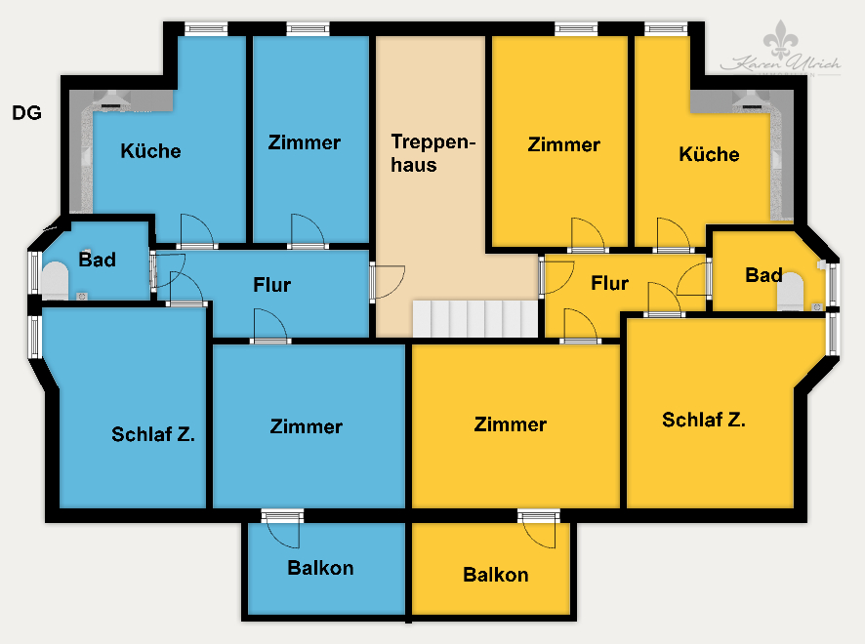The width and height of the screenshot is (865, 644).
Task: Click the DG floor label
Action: (26, 113)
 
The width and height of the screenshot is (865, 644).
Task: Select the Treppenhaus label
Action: (432, 153)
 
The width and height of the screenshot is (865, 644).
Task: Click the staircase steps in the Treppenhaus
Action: (474, 318)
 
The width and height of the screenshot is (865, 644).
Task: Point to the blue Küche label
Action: (150, 151)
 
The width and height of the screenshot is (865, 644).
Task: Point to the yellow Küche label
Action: (709, 154)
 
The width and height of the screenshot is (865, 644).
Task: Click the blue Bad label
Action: (97, 260)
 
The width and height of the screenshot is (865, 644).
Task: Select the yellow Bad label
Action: (763, 275)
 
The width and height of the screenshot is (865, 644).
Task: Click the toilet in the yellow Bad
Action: (793, 290)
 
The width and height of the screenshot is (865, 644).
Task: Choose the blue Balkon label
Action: (320, 568)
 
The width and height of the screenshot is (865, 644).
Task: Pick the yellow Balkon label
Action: (495, 575)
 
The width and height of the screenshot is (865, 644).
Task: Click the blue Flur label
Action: (271, 285)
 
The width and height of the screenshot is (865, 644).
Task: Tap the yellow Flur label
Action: (609, 284)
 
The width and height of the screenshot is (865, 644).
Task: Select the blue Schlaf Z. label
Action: (153, 435)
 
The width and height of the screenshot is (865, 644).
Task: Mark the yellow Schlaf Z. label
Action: (703, 420)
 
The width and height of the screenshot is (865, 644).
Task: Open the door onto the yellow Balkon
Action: (539, 529)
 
